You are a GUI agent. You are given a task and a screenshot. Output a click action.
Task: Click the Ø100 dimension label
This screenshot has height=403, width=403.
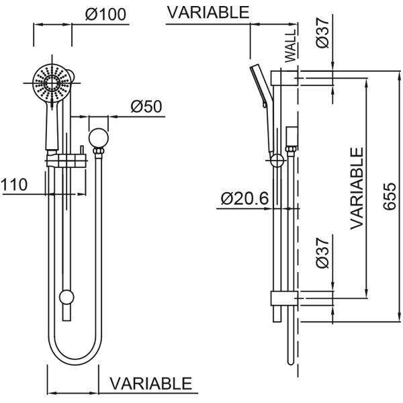pos(106,15)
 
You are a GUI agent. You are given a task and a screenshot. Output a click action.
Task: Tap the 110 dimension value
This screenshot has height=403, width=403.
pos(14,185)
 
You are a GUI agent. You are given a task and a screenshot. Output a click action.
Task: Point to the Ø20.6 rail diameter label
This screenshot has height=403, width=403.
pos(244,199)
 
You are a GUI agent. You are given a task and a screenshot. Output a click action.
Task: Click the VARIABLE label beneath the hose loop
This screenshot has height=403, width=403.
pos(150,384)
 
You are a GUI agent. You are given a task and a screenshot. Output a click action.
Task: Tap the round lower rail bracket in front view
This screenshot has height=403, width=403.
pos(66,297)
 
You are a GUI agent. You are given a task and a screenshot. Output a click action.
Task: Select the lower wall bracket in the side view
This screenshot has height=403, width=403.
pos(282,298)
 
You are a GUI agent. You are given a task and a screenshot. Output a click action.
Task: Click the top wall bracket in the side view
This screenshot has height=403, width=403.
pos(285,78)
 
